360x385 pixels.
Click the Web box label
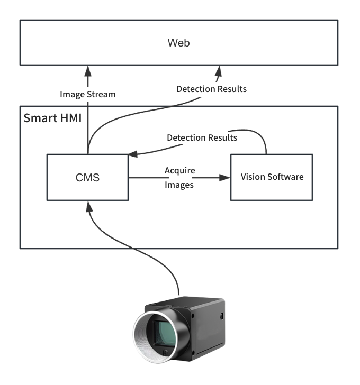pyautogui.click(x=178, y=43)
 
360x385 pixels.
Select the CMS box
pyautogui.click(x=87, y=178)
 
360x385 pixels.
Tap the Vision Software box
pyautogui.click(x=272, y=177)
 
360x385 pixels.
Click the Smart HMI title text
pyautogui.click(x=52, y=118)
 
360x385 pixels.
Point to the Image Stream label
pyautogui.click(x=87, y=95)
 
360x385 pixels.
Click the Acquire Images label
pyautogui.click(x=179, y=178)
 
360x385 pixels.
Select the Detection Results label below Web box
pyautogui.click(x=211, y=89)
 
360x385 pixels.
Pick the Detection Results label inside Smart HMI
pyautogui.click(x=202, y=137)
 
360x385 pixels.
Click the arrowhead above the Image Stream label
pyautogui.click(x=88, y=70)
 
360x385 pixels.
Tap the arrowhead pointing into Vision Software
pyautogui.click(x=226, y=178)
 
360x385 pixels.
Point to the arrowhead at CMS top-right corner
pyautogui.click(x=133, y=154)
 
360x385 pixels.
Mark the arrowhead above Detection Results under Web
pyautogui.click(x=218, y=70)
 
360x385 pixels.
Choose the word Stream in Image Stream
pyautogui.click(x=101, y=95)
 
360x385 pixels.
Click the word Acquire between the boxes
pyautogui.click(x=179, y=171)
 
